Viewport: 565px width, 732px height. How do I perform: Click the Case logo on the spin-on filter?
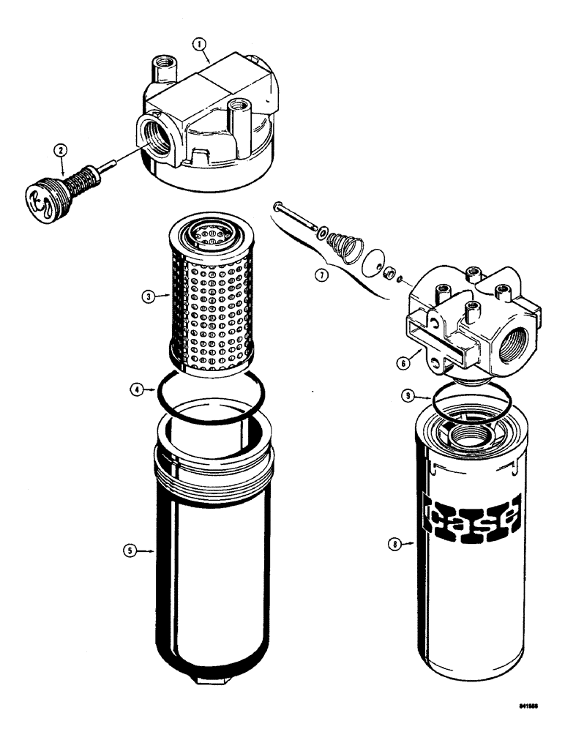pyautogui.click(x=472, y=520)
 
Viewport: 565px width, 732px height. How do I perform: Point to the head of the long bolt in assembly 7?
pyautogui.click(x=278, y=207)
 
